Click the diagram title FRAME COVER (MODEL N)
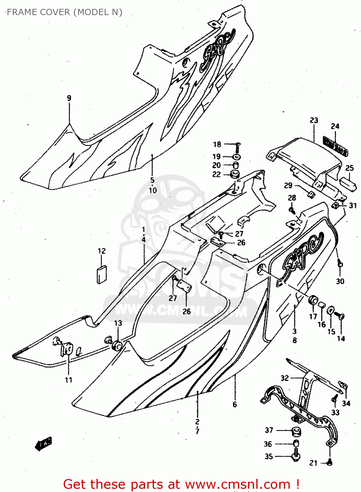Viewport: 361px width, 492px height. point(64,12)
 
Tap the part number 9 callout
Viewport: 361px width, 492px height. point(69,98)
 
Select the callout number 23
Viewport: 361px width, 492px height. point(314,120)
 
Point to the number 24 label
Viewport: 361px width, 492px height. point(335,126)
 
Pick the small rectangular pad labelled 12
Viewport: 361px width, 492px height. point(102,274)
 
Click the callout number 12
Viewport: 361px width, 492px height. point(102,251)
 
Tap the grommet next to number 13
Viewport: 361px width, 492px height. point(117,346)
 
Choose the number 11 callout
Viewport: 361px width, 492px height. point(68,380)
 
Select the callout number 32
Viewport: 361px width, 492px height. point(285,378)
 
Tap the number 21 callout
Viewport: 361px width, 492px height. point(313,463)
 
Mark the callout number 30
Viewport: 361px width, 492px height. point(340,281)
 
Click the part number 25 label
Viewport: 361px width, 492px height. point(350,168)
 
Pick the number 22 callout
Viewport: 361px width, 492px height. point(217,174)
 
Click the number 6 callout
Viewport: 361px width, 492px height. point(235,404)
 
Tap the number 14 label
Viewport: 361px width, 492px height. point(341,338)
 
